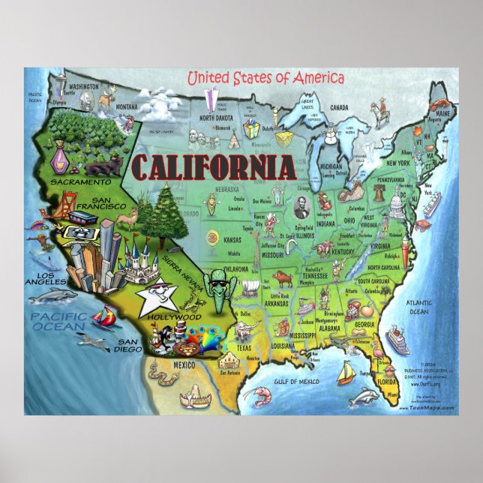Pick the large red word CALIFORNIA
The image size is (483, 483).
[x=212, y=166]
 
